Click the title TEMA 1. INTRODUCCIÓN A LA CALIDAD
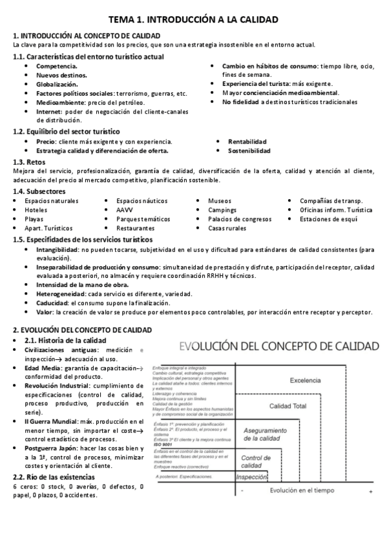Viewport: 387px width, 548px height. pyautogui.click(x=193, y=21)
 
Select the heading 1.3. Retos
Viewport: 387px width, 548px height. pyautogui.click(x=31, y=162)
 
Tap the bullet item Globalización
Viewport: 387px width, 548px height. pyautogui.click(x=57, y=84)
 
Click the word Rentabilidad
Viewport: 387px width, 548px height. pyautogui.click(x=247, y=142)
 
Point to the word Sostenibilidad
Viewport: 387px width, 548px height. pyautogui.click(x=249, y=151)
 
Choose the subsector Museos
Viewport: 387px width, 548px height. pyautogui.click(x=220, y=201)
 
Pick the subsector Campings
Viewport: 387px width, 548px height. pyautogui.click(x=222, y=210)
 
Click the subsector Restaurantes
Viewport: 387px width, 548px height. pyautogui.click(x=136, y=228)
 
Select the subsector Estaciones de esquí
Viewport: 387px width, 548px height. pyautogui.click(x=329, y=219)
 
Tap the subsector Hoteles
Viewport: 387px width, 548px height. pyautogui.click(x=36, y=210)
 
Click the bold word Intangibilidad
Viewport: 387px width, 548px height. pyautogui.click(x=57, y=249)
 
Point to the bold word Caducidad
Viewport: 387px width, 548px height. pyautogui.click(x=52, y=302)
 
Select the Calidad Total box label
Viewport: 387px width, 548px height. pyautogui.click(x=288, y=406)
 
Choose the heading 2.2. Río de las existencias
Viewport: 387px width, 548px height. pyautogui.click(x=54, y=477)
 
